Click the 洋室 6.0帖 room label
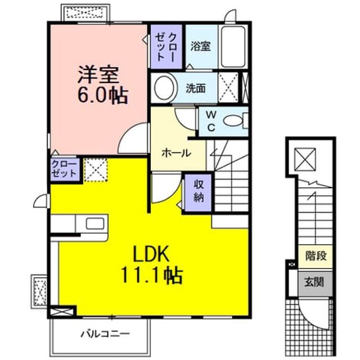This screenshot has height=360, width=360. (x=102, y=85)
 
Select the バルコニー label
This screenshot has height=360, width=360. (x=105, y=334)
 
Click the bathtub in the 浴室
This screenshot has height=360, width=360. (x=232, y=47)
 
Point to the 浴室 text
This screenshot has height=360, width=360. (x=200, y=46)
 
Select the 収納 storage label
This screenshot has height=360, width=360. (x=199, y=191)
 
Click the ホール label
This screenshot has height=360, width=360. (x=176, y=152)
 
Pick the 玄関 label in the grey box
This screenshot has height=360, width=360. (x=314, y=282)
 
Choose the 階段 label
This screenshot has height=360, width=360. (x=316, y=256)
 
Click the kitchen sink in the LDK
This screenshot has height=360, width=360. (x=95, y=223)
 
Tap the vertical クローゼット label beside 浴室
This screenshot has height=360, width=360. (x=166, y=47)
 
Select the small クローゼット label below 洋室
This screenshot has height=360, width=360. (x=64, y=169)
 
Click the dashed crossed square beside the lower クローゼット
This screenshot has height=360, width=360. (x=96, y=170)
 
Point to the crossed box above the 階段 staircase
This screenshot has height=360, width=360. (x=305, y=159)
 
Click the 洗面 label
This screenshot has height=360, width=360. (x=195, y=88)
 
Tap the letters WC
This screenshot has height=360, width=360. (x=211, y=121)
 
